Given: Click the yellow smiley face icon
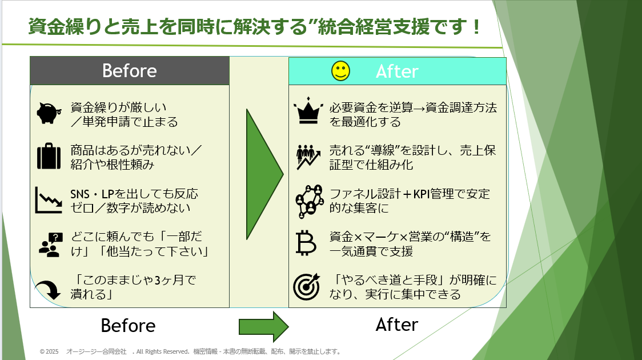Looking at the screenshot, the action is (340, 71).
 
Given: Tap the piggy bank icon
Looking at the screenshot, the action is (49, 113).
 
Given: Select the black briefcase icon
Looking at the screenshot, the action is (49, 156).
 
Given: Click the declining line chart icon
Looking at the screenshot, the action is (49, 200).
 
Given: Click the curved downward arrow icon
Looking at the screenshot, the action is (49, 289).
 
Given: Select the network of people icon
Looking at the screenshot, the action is (309, 201).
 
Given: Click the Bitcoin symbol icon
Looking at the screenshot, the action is (306, 243).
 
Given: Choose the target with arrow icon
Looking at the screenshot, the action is (307, 286).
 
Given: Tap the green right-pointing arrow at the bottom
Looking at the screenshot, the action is (264, 326).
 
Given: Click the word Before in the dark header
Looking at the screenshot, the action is (130, 70).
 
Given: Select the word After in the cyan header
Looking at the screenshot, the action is (397, 71).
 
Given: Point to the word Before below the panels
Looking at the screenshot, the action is (128, 326).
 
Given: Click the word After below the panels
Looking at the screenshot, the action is (397, 325).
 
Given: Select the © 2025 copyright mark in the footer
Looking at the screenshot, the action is (49, 351).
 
